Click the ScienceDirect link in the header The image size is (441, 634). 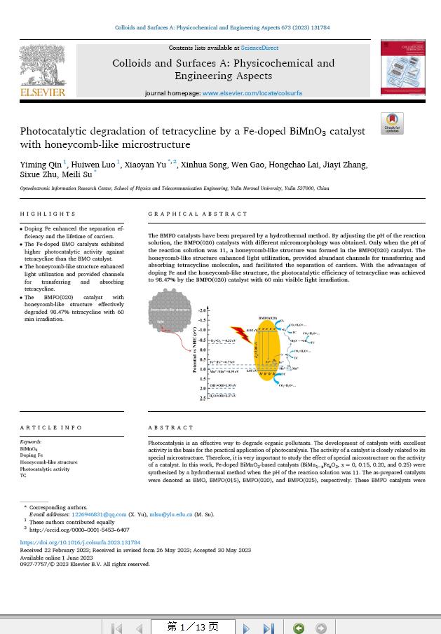pos(259,48)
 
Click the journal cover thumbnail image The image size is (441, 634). pos(402,67)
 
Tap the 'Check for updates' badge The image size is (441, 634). pos(392,123)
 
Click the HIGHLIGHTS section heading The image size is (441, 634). pos(48,214)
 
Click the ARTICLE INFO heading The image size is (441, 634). pos(51,427)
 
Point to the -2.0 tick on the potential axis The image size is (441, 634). pos(203,310)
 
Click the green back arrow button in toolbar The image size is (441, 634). pos(299,628)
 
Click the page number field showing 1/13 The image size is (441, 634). pos(192,627)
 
